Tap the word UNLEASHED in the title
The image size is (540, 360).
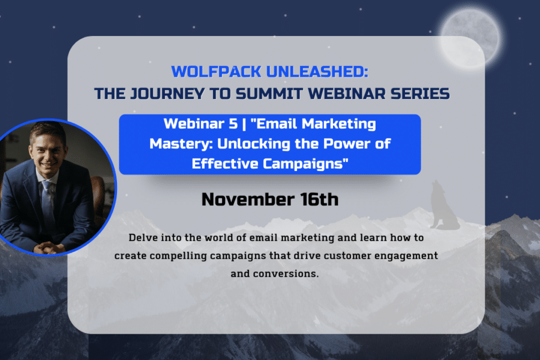point(315,71)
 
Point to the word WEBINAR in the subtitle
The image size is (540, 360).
point(346,94)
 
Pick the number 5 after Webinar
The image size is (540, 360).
point(233,124)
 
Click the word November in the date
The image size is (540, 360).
point(248,199)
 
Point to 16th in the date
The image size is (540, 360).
point(319,199)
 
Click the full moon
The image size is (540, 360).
point(470,37)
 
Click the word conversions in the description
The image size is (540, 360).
point(286,274)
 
